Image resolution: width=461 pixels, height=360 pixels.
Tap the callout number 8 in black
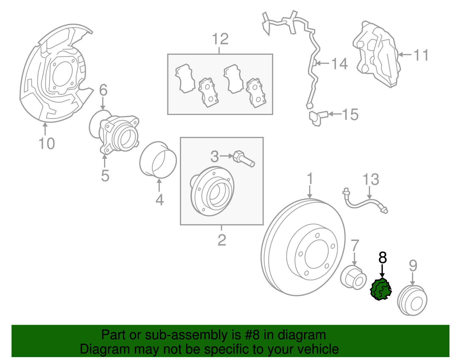point(382,257)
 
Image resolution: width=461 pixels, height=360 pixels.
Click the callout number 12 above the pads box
point(220,39)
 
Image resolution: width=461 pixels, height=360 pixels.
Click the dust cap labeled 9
point(412,301)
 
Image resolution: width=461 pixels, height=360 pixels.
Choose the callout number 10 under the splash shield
point(46,144)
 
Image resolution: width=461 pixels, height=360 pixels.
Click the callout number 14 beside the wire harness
point(339,64)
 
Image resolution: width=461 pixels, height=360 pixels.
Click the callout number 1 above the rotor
point(310,179)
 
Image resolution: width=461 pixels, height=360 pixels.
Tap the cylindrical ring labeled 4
point(158,160)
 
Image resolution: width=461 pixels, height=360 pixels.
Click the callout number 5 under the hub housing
point(105,176)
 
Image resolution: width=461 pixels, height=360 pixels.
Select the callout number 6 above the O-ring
point(103,90)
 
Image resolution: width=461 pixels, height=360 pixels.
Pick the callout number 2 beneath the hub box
point(222,240)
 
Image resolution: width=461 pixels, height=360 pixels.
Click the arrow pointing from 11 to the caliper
point(405,55)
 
